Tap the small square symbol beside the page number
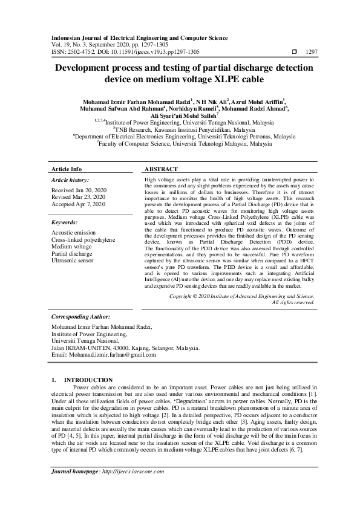[294, 52]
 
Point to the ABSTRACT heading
[161, 169]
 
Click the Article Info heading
[67, 169]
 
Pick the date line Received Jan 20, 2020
[79, 190]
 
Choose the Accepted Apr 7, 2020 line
[79, 205]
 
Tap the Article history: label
[70, 180]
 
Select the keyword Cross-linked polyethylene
[83, 239]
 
